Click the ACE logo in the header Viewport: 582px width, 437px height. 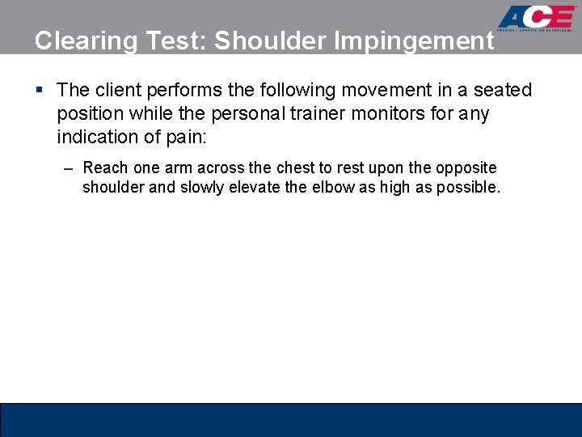click(536, 18)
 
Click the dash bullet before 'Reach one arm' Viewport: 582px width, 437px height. click(68, 168)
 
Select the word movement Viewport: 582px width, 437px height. click(377, 90)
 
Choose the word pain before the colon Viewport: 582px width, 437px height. click(183, 137)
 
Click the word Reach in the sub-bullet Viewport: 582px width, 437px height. click(104, 168)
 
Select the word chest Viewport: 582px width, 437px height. click(294, 168)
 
